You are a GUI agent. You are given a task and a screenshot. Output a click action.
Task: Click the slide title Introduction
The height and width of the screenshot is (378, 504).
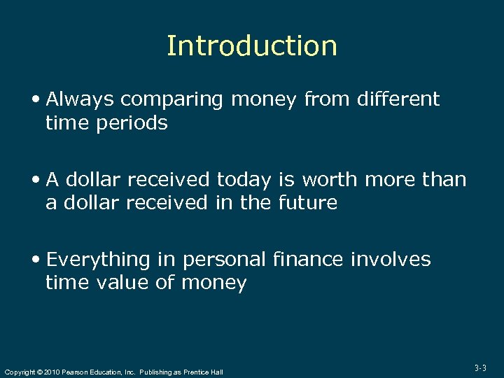pyautogui.click(x=252, y=46)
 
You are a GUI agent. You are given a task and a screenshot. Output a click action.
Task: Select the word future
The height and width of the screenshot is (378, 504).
pyautogui.click(x=308, y=203)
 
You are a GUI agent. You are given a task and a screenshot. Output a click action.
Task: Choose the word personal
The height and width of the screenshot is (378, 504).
pyautogui.click(x=224, y=260)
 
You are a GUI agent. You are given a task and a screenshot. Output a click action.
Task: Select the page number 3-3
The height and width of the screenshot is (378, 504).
pyautogui.click(x=481, y=367)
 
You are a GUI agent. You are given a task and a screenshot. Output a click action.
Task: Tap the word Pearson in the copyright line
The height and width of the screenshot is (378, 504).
pyautogui.click(x=75, y=372)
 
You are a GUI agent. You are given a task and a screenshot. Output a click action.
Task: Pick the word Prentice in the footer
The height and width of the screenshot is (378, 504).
pyautogui.click(x=197, y=372)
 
